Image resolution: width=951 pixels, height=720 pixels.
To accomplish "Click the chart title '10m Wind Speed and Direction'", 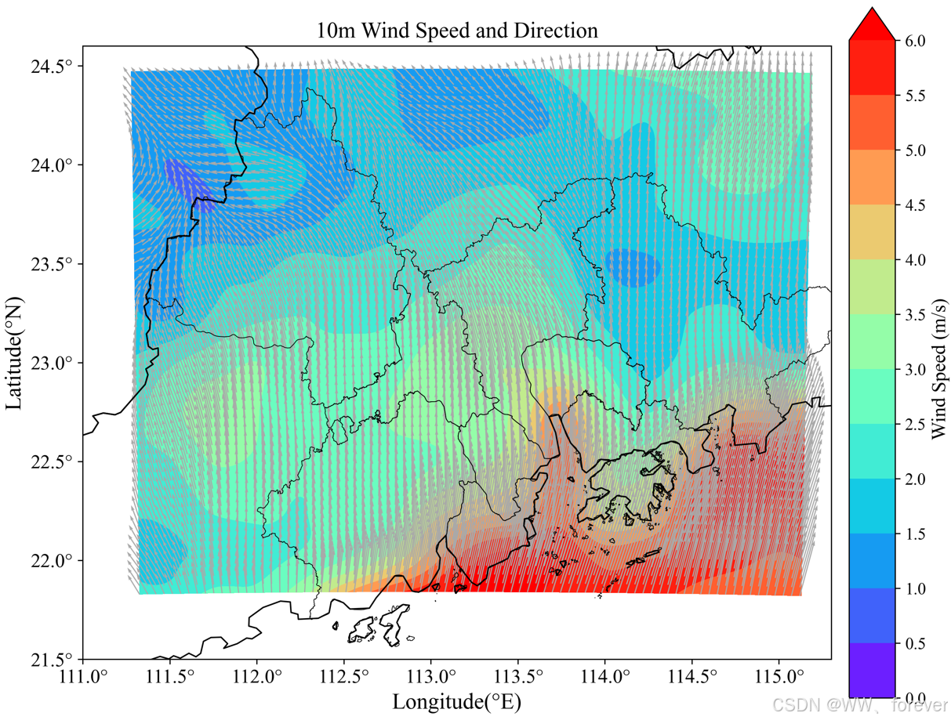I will [x=457, y=31].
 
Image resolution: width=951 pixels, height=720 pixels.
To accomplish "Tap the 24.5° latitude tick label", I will [x=52, y=67].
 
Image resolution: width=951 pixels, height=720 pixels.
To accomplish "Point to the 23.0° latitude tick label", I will [x=52, y=363].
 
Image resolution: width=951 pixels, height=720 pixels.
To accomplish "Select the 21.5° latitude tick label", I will [x=52, y=659].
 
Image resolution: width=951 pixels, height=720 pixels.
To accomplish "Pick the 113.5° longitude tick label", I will [x=518, y=676].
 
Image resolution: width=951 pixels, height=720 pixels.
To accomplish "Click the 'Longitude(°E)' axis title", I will [x=457, y=700].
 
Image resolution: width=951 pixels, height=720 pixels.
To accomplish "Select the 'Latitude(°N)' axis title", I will [x=15, y=352].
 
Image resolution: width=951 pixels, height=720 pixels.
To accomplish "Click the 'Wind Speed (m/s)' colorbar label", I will [x=938, y=368].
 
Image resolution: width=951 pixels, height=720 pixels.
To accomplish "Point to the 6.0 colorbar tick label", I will [x=914, y=41].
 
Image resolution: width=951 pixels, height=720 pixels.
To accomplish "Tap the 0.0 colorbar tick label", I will [x=914, y=697].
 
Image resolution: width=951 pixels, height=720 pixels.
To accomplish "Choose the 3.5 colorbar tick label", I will [x=914, y=314].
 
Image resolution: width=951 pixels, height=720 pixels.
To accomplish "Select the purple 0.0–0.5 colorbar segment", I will [x=871, y=670].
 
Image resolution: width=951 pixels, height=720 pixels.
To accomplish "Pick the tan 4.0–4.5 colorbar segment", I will [x=871, y=232].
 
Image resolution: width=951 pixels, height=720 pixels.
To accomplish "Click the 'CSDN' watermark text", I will [x=783, y=704].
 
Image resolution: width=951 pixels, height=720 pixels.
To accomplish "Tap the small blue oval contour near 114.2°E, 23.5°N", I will [x=633, y=267].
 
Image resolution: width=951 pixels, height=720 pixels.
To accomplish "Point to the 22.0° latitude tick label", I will [x=52, y=560].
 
